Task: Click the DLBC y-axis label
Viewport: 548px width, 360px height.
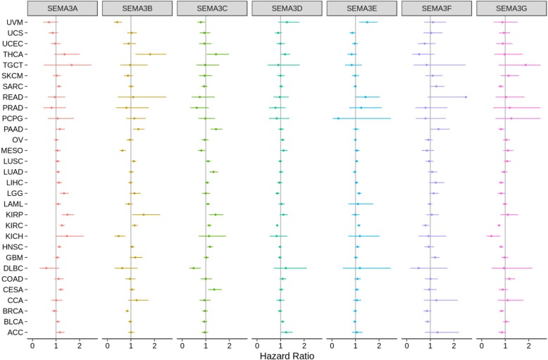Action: coord(13,268)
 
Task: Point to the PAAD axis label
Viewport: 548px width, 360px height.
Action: coord(13,129)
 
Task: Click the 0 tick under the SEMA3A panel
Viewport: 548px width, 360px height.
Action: coord(32,343)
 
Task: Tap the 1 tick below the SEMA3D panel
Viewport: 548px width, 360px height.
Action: coord(280,343)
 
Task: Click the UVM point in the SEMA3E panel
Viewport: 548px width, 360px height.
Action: coord(367,22)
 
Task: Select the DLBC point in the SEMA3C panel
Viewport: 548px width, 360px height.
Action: coord(193,268)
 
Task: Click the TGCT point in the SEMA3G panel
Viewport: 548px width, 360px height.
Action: coord(525,65)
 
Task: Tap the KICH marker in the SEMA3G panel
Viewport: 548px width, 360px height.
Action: coord(491,235)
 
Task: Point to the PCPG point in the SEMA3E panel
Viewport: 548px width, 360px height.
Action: coord(338,118)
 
